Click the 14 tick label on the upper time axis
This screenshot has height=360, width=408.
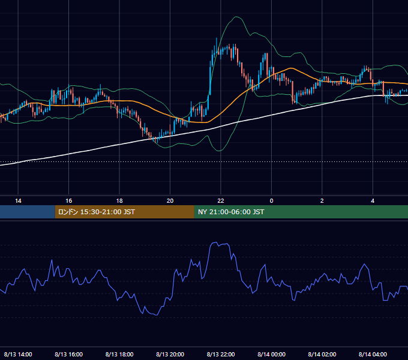(x=18, y=201)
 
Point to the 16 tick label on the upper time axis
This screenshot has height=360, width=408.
(x=68, y=201)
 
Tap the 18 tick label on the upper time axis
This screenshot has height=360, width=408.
(x=119, y=201)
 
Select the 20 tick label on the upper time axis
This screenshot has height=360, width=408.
(x=170, y=201)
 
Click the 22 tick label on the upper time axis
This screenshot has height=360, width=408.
(x=221, y=201)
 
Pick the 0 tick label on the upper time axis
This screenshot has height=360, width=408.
(x=271, y=201)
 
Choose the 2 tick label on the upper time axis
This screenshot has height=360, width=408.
(x=322, y=201)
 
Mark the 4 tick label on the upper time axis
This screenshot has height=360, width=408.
(x=373, y=201)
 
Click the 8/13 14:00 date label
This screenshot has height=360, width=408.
(x=18, y=354)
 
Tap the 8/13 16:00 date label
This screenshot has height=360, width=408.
(x=68, y=354)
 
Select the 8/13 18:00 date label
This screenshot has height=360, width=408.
(x=119, y=354)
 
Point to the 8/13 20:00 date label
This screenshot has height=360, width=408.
(x=170, y=354)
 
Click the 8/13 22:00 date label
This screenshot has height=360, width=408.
(x=221, y=354)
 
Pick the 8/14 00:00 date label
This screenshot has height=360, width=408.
(x=271, y=354)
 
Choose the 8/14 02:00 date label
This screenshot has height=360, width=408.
(x=322, y=354)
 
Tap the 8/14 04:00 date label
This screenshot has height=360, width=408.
(x=373, y=354)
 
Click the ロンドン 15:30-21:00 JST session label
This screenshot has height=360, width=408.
(x=96, y=212)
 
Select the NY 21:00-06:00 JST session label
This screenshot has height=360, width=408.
(x=231, y=212)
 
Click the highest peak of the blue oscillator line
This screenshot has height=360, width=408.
(x=216, y=242)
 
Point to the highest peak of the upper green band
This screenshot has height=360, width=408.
(x=236, y=17)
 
